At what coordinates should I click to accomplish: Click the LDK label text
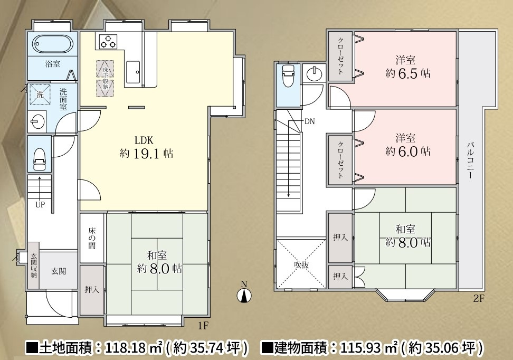[x=144, y=140]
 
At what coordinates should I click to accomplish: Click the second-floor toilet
[x=288, y=77]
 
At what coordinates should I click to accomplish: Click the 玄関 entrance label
[x=59, y=271]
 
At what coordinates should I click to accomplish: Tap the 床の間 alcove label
[x=92, y=238]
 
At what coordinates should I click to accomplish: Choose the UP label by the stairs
[x=40, y=204]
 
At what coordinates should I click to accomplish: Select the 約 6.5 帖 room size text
[x=408, y=73]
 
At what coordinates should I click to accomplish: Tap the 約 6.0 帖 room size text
[x=408, y=151]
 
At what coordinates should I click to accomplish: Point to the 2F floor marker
[x=478, y=299]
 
